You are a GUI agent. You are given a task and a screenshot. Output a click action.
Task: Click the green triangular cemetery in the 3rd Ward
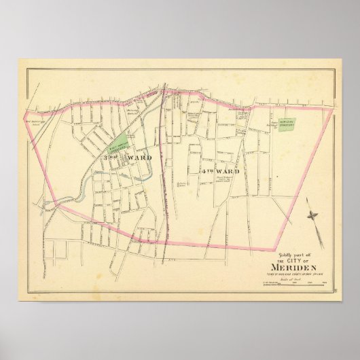tap(120, 143)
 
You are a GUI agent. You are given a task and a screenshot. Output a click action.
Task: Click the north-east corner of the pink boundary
tap(334, 108)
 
